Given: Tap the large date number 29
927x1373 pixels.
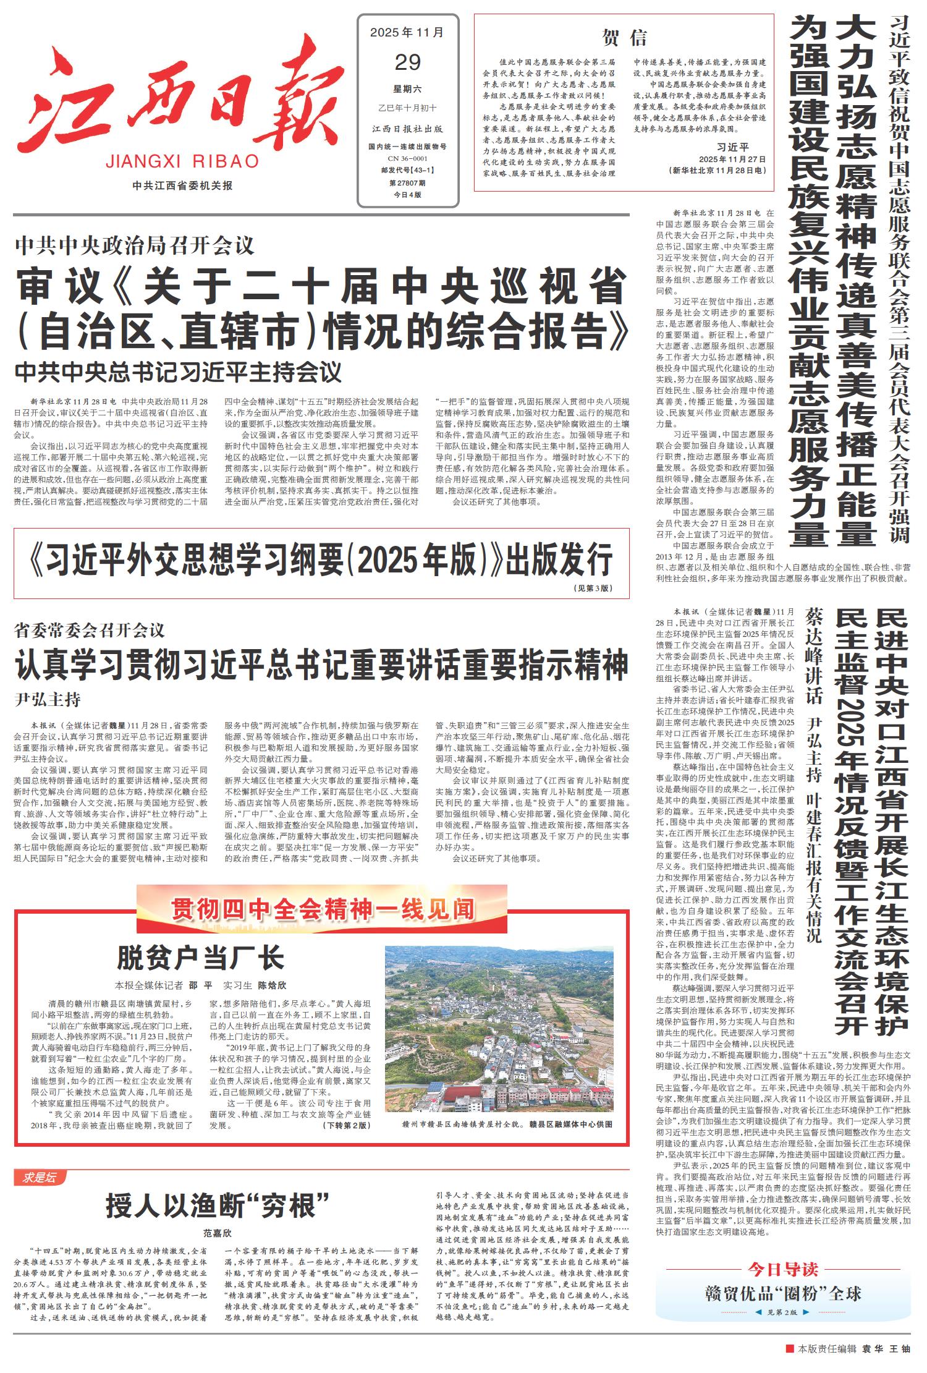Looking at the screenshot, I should (x=407, y=62).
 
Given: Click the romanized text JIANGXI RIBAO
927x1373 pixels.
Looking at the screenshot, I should (x=182, y=162).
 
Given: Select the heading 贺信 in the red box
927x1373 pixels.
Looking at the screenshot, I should (x=624, y=38).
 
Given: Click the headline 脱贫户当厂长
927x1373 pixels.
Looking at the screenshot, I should (x=201, y=958).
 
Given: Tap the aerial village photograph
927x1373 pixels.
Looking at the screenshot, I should (x=499, y=1028).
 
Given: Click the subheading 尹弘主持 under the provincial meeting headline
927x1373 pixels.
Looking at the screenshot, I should (x=48, y=700).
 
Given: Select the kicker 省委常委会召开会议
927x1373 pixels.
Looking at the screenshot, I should (x=90, y=631).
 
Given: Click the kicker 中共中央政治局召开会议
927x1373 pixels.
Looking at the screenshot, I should (x=135, y=246).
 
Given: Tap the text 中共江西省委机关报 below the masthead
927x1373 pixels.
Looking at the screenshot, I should (x=182, y=185).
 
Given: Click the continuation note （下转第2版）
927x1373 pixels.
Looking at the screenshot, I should (x=346, y=1125).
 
